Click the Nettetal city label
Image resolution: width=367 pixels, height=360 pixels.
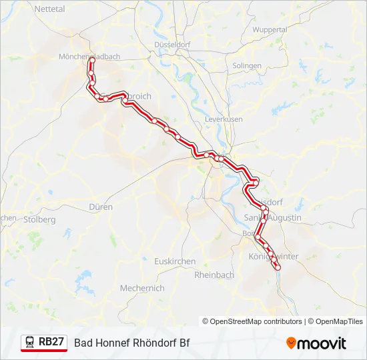49,9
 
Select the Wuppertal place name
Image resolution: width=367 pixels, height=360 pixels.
270,30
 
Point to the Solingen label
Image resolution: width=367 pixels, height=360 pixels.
247,66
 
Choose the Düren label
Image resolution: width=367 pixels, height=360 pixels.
101,207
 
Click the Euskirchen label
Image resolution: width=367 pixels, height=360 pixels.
175,261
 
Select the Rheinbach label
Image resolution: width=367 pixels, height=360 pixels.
214,275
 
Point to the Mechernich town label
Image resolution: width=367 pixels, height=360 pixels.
142,289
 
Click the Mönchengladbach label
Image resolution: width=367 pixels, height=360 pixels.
89,57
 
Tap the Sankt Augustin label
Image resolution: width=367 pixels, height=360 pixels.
274,218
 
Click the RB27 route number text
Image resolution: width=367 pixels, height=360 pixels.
51,342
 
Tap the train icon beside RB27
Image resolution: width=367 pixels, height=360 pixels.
30,342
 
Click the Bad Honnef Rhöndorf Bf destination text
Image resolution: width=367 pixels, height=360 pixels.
132,343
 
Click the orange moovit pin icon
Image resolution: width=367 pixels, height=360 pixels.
291,343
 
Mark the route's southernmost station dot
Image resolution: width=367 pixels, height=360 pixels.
278,267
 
